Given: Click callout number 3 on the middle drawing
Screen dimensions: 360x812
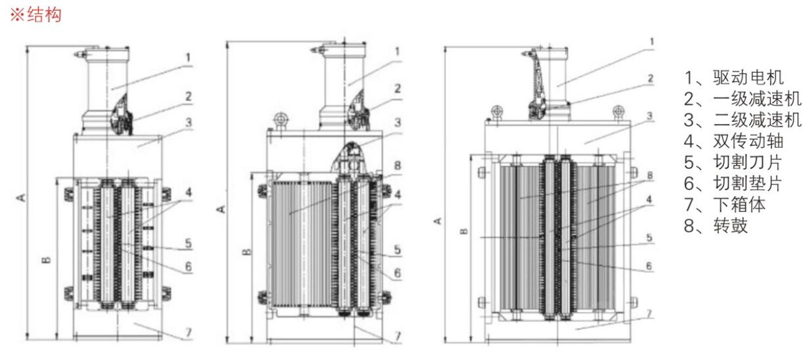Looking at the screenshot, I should (x=397, y=121).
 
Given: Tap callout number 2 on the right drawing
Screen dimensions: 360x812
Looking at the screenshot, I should (x=650, y=79).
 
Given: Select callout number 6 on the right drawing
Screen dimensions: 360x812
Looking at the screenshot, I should (x=649, y=266).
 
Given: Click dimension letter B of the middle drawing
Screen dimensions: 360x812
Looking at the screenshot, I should (x=245, y=252).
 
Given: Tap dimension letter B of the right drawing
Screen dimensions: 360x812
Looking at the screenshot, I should (x=464, y=231).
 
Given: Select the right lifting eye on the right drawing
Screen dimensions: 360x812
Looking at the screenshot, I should (x=617, y=110).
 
